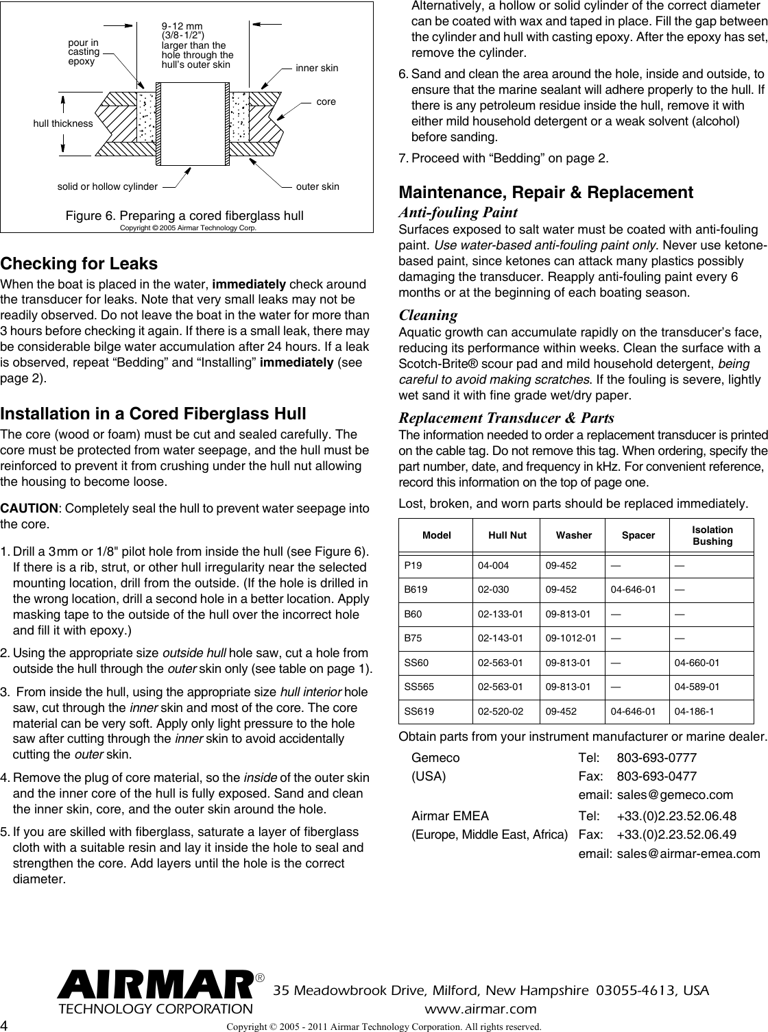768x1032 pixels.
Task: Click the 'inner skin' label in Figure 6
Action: click(x=316, y=69)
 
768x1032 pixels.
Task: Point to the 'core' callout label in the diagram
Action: click(x=326, y=101)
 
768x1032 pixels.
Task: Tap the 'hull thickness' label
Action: click(x=62, y=123)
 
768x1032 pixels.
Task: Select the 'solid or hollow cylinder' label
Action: click(x=107, y=186)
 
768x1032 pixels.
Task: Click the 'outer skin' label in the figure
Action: click(x=317, y=186)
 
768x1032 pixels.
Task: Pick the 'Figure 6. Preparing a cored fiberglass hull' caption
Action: click(x=184, y=216)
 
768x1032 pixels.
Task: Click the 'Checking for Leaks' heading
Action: click(x=79, y=264)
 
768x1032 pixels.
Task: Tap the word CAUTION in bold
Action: click(x=29, y=508)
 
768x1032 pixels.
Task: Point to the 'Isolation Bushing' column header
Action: click(x=712, y=536)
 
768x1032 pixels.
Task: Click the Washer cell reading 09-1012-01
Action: click(x=571, y=639)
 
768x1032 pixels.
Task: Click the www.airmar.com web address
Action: click(x=481, y=1009)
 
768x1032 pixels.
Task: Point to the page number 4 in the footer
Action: click(x=5, y=1025)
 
